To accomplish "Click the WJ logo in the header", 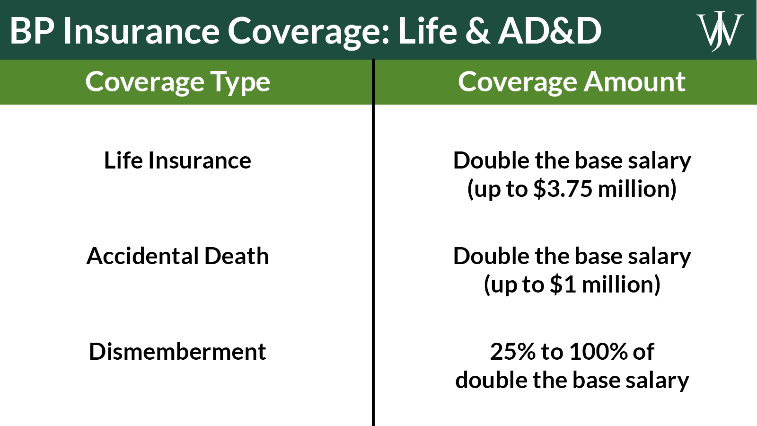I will click(720, 31).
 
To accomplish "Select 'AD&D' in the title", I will click(550, 31).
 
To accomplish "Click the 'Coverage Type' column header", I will click(177, 82).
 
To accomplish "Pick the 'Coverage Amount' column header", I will click(572, 82).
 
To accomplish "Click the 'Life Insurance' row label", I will click(177, 160).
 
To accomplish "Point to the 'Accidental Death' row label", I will click(177, 256).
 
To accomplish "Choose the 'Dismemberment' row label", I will click(177, 352).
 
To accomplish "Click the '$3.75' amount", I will click(563, 189).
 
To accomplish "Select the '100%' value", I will click(598, 352).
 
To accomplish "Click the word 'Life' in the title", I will click(428, 31).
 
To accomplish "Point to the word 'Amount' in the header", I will click(634, 82).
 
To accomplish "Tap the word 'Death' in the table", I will click(237, 256).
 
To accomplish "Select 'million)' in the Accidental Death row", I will click(621, 284).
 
